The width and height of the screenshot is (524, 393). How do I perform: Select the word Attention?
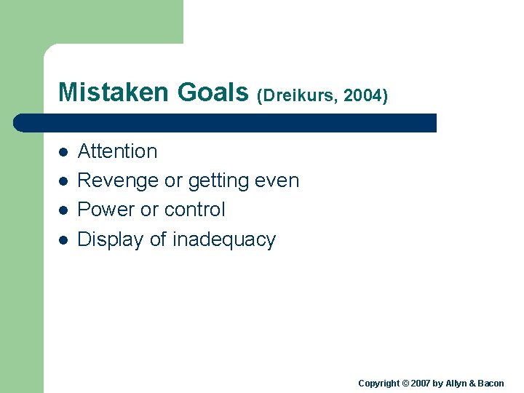coord(117,151)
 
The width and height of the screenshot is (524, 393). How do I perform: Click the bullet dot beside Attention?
coord(63,152)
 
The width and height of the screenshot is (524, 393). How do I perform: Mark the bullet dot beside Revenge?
coord(63,181)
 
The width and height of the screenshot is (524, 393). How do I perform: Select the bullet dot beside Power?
coord(63,210)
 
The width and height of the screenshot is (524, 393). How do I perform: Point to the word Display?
coord(111,239)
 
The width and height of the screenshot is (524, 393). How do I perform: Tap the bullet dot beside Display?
coord(63,239)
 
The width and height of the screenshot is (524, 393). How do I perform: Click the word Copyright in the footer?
coord(378,384)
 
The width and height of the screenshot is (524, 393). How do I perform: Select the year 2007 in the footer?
coord(420,384)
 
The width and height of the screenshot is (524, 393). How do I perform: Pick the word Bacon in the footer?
coord(489,384)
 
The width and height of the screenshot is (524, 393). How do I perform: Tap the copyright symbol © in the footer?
coord(405,384)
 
